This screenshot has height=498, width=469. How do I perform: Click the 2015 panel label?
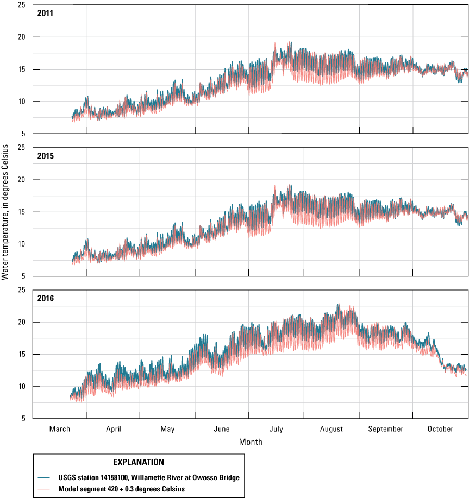click(x=45, y=156)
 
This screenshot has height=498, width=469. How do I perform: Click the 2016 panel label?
click(x=45, y=298)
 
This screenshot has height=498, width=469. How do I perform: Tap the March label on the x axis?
click(x=59, y=429)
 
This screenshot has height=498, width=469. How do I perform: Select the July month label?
click(x=276, y=429)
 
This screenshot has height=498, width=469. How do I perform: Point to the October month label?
click(x=440, y=429)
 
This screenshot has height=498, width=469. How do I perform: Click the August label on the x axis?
click(x=331, y=429)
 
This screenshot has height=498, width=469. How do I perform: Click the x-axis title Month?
click(x=251, y=442)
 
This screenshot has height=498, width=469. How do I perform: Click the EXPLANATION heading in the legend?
click(x=139, y=463)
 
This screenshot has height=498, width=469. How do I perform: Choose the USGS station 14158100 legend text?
click(x=149, y=477)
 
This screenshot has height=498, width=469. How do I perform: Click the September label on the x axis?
click(x=385, y=429)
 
